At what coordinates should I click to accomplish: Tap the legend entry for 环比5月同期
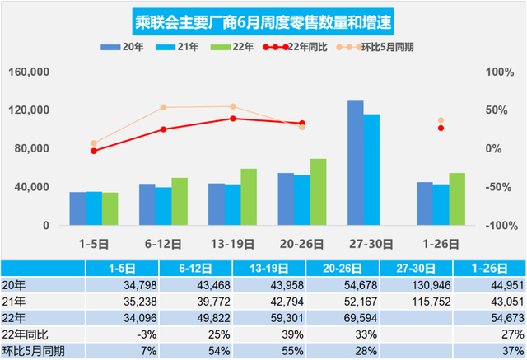pos(386,47)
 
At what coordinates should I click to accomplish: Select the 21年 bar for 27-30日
pos(371,170)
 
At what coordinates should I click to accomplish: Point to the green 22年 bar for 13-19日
pos(249,197)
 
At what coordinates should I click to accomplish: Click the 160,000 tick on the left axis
pos(31,72)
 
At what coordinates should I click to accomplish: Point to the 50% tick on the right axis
pos(496,110)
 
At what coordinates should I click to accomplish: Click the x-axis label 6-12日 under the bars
pos(163,244)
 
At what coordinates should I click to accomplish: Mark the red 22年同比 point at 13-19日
pos(233,119)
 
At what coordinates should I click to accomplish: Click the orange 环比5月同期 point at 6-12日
pos(163,107)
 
